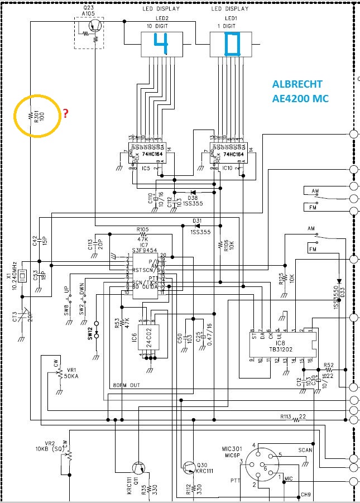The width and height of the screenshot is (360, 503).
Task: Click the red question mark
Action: point(65,113)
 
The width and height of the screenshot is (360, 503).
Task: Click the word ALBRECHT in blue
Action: point(297,85)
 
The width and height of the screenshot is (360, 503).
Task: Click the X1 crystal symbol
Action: point(22,275)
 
